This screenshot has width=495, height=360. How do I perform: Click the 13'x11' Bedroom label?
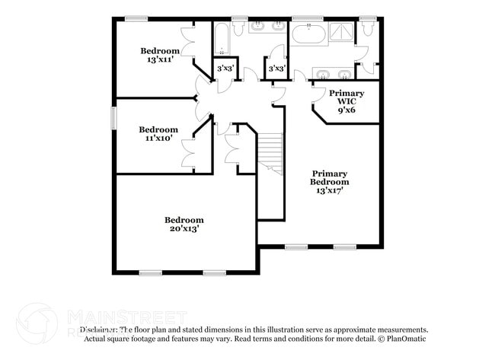click(160, 56)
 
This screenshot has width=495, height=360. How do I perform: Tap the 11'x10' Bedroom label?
click(158, 134)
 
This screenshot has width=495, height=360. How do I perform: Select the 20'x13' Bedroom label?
click(184, 224)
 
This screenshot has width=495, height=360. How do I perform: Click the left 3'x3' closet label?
click(224, 69)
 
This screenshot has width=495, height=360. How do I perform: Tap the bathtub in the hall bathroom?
click(222, 37)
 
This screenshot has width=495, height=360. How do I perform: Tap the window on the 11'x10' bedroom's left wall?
click(114, 118)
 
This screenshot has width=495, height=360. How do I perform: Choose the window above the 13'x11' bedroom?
click(136, 18)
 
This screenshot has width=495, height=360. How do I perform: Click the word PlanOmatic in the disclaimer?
click(406, 338)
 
